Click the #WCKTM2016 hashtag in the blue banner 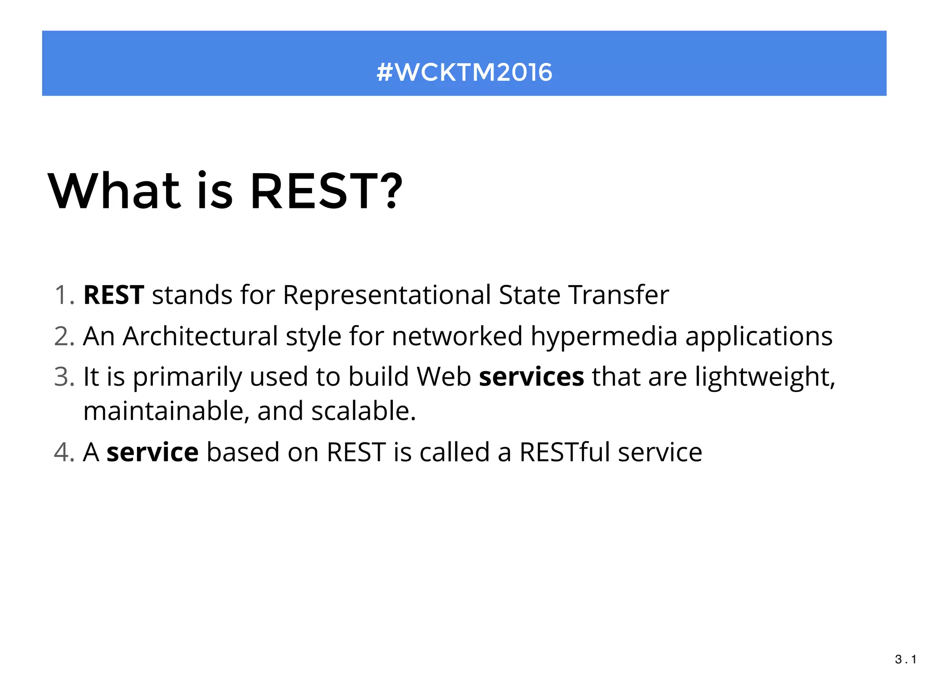(x=464, y=72)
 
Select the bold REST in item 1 (x=114, y=295)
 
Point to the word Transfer (x=618, y=295)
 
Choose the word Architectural (x=200, y=336)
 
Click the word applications (x=758, y=336)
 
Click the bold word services (x=531, y=377)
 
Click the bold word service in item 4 (x=152, y=452)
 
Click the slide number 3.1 (x=905, y=659)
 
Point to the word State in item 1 (x=529, y=295)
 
